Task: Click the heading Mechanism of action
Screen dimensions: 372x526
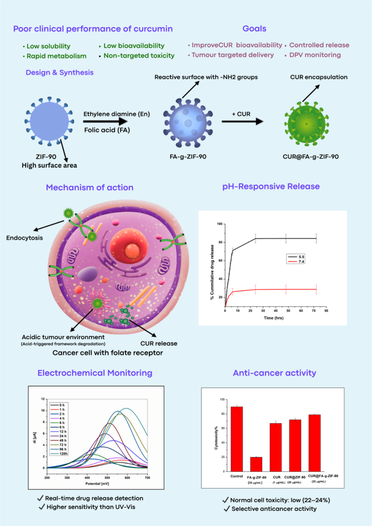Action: click(x=90, y=187)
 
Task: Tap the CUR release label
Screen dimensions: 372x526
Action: click(x=165, y=343)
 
